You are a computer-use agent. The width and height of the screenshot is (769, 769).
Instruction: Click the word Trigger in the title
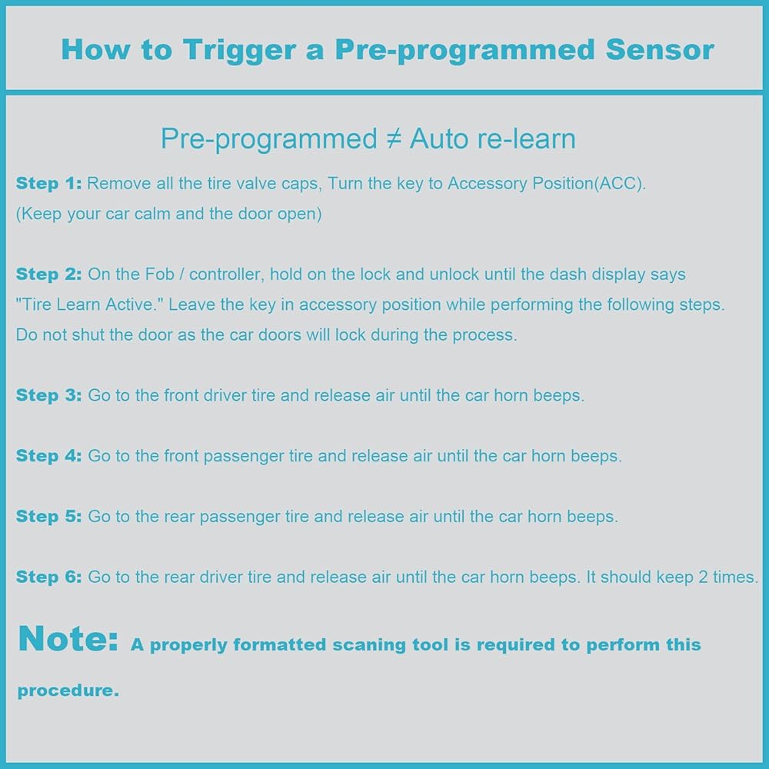pos(240,51)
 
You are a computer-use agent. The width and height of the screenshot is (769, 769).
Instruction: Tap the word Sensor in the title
pos(660,49)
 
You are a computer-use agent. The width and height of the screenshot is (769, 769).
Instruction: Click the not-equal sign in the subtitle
pos(394,138)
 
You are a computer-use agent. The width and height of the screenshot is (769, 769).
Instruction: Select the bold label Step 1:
pos(48,184)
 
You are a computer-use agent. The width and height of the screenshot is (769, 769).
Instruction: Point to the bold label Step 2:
pos(48,275)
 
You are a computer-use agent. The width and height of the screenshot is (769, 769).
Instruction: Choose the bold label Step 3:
pos(48,396)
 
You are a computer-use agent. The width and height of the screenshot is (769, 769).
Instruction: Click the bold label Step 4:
pos(48,456)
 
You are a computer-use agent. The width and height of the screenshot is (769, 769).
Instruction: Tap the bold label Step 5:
pos(48,517)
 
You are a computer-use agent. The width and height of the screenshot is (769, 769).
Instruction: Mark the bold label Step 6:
pos(48,578)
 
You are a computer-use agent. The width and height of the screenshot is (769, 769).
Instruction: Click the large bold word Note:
pos(68,638)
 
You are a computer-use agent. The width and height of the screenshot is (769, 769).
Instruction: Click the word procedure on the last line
pos(68,691)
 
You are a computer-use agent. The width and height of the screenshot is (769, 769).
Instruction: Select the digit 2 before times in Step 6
pos(704,578)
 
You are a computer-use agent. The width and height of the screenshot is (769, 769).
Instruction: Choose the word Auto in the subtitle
pos(439,138)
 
